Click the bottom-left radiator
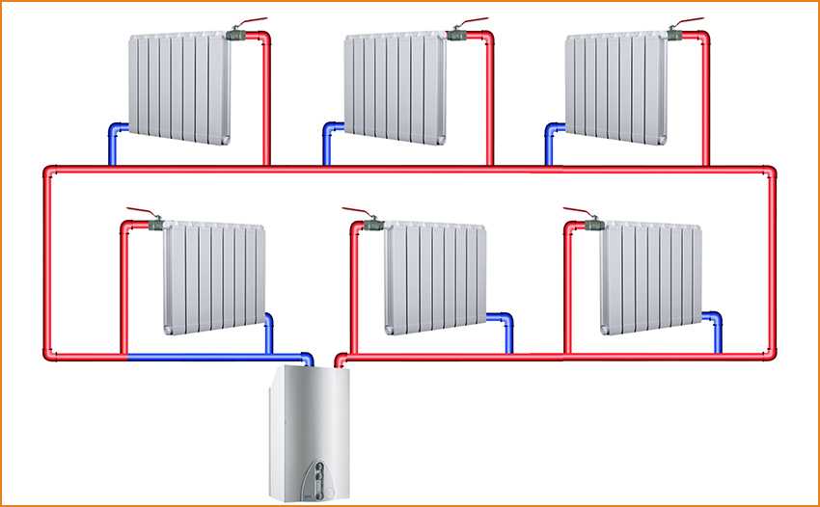[213, 279]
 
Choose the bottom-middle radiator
[433, 279]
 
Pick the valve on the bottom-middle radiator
[373, 224]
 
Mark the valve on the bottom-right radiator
[592, 224]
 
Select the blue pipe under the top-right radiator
[550, 140]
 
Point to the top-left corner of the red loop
[48, 172]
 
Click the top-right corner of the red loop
[772, 172]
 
